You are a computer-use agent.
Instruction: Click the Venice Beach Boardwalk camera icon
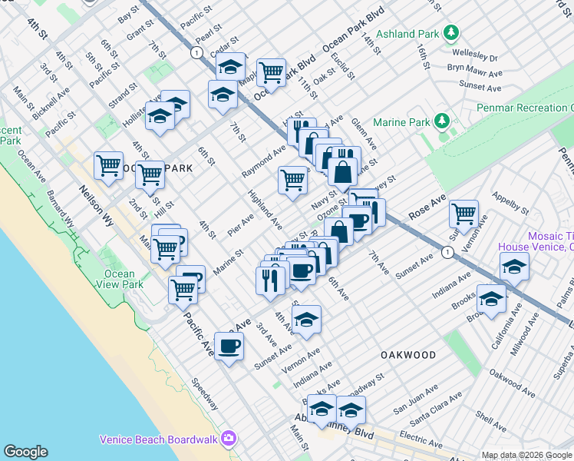(x=228, y=439)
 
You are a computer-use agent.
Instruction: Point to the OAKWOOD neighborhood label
(x=408, y=355)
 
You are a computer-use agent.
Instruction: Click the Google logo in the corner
(x=25, y=452)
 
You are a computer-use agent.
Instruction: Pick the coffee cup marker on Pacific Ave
(x=229, y=347)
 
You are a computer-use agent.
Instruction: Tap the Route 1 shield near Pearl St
(x=197, y=52)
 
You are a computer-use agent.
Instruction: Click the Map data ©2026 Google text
(x=526, y=455)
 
